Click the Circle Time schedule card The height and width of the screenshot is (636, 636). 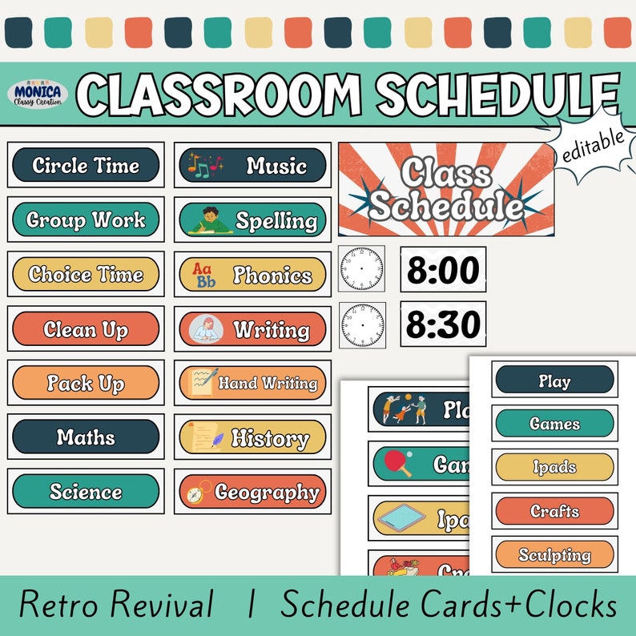click(86, 166)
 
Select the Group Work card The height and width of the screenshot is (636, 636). click(86, 219)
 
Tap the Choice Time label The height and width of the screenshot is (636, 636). click(86, 274)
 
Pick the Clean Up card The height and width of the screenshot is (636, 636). click(86, 328)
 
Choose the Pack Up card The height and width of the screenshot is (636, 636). click(86, 383)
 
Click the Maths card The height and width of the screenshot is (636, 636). click(86, 437)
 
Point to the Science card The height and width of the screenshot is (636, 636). click(86, 491)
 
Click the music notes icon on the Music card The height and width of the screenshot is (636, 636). click(204, 166)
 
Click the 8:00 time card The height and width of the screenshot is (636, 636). click(443, 270)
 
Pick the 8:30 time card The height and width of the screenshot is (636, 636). click(443, 324)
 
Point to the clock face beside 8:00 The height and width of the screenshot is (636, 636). click(361, 269)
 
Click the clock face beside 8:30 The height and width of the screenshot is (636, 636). click(361, 325)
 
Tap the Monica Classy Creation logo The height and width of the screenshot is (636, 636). click(37, 95)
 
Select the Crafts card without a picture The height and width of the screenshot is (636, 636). click(554, 510)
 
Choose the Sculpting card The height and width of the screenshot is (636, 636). click(554, 554)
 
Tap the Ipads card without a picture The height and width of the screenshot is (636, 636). click(554, 467)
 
